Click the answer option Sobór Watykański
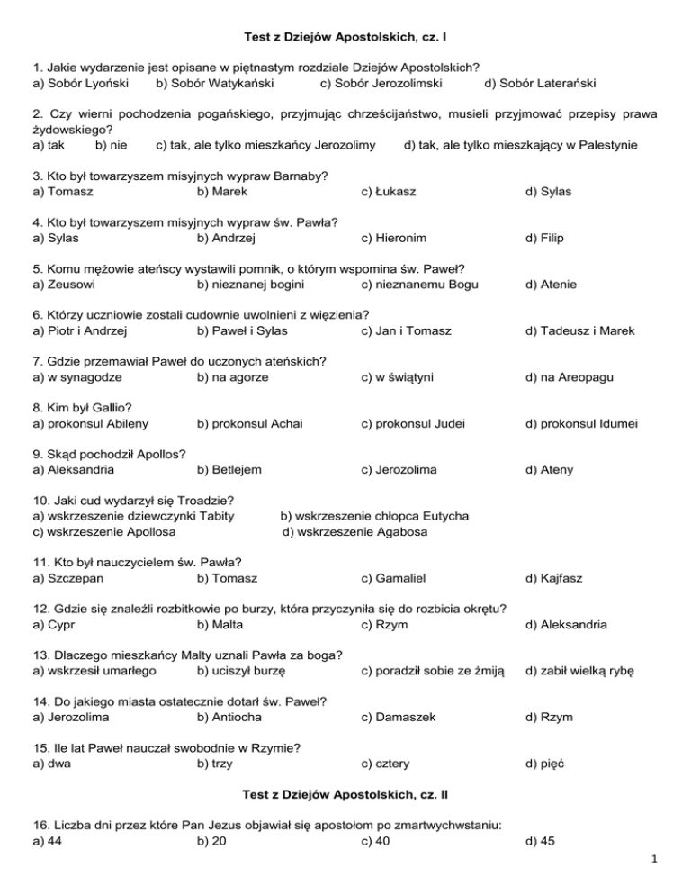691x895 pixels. click(x=215, y=84)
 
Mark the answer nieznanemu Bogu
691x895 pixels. click(x=420, y=285)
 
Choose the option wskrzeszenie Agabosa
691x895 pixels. click(x=355, y=531)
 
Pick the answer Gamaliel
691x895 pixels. click(x=392, y=578)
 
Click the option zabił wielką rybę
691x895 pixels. click(x=580, y=671)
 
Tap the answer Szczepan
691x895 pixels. click(x=65, y=578)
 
